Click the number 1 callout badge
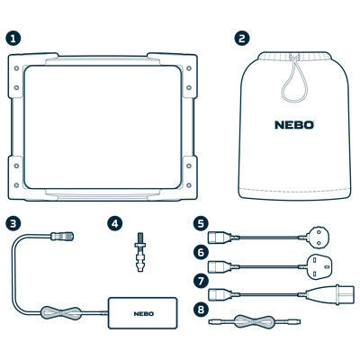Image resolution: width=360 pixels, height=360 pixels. point(13,38)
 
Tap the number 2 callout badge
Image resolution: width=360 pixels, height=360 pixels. point(242,38)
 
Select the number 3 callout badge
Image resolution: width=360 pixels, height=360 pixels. point(13,224)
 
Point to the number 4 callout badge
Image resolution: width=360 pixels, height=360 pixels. point(115,224)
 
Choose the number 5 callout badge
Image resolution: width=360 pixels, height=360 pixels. point(201,224)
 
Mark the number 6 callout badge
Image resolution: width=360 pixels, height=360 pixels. point(201,253)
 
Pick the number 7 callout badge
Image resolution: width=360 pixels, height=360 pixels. point(201,282)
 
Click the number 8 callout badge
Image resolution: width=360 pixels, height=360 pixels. point(201,310)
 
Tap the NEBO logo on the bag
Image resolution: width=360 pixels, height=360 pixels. point(294,125)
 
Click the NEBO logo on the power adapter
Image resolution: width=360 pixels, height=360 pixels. point(144,314)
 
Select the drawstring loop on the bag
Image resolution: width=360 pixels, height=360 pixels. point(294,79)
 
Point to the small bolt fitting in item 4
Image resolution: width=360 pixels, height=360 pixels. point(139,252)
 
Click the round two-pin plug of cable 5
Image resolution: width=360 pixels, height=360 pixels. point(315,238)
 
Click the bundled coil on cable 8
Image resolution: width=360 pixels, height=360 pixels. point(254,321)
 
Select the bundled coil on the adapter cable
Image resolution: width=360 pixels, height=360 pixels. point(61,313)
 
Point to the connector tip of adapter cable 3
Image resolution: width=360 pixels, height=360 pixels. point(62,236)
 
